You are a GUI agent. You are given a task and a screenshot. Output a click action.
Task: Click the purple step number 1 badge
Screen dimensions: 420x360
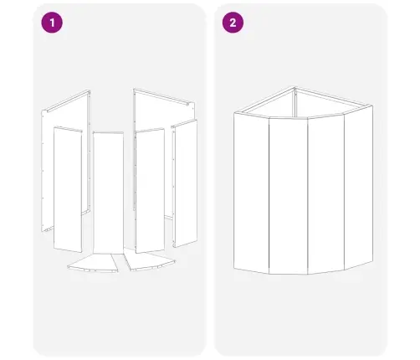point(52,23)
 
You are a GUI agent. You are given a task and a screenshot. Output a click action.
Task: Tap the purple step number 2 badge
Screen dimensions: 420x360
point(233,23)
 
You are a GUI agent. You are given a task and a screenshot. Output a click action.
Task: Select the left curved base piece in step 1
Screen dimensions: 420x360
point(94,263)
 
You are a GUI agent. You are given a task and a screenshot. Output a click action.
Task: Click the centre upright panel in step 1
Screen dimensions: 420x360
point(108,193)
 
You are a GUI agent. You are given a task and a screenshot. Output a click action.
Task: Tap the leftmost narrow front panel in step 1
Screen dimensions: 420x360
point(68,189)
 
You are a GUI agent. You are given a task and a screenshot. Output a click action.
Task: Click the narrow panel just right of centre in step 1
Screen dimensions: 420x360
point(150,191)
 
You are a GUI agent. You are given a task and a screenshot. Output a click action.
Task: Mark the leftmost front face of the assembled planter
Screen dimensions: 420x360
point(251,193)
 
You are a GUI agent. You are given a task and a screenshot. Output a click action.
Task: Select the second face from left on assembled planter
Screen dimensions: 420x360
point(288,196)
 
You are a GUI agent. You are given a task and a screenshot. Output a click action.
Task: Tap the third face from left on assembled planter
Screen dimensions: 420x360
point(325,194)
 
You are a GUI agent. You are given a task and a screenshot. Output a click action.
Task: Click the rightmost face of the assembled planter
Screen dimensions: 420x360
point(359,187)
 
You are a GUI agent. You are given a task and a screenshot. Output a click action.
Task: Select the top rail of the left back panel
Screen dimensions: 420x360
point(68,100)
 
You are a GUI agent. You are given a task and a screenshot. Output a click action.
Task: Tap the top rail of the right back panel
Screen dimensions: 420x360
point(164,97)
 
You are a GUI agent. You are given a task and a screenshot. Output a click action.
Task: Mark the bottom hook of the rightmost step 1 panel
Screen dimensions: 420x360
point(175,245)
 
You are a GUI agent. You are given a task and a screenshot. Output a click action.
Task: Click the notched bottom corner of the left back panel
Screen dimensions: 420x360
point(47,229)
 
